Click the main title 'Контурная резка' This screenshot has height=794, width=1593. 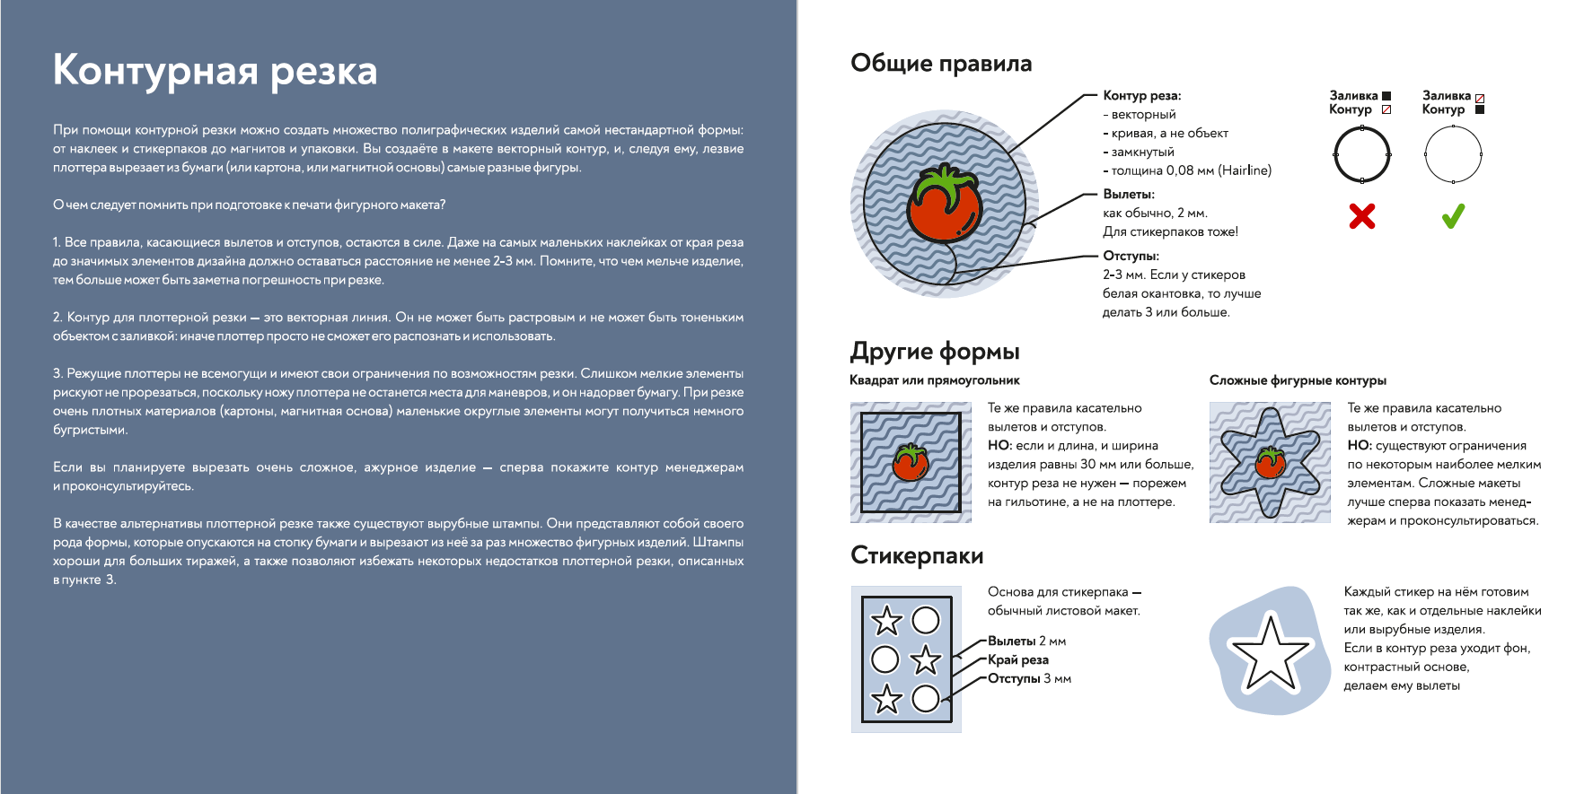[215, 71]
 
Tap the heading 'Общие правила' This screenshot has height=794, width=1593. [941, 64]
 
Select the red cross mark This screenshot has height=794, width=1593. [1362, 216]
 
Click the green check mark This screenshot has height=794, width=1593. [1453, 216]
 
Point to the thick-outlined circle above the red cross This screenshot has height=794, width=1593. [1362, 154]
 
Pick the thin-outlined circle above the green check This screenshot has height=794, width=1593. [1453, 154]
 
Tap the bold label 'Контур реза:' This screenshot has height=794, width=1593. [1141, 96]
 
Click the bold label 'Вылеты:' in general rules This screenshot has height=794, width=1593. [1128, 194]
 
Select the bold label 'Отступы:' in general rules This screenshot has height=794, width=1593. [1131, 256]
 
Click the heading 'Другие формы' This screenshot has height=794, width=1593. [935, 351]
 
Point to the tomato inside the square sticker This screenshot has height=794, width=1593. [910, 463]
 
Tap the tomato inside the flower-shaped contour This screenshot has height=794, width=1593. [1270, 462]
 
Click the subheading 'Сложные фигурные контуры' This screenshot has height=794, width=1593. [1298, 380]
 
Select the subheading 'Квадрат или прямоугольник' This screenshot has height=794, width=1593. [934, 380]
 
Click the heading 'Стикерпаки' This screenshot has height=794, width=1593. [917, 555]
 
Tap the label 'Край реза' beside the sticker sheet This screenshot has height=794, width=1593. [1017, 660]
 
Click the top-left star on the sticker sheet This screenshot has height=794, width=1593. [887, 620]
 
